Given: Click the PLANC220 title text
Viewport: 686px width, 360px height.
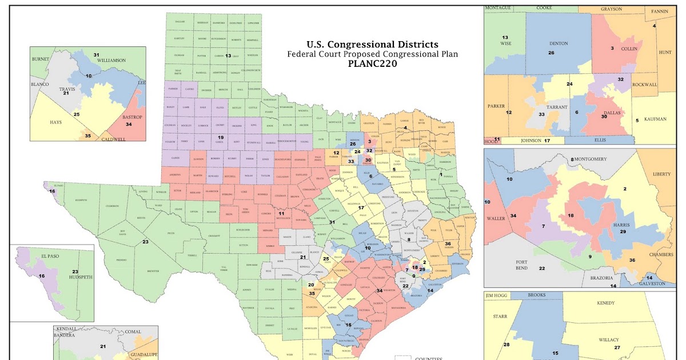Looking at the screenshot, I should (x=372, y=64).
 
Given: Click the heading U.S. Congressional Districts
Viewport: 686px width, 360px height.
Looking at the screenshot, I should (x=372, y=45).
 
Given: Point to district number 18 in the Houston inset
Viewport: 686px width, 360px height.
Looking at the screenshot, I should (x=571, y=215).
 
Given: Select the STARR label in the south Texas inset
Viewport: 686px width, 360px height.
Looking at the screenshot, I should (x=494, y=315).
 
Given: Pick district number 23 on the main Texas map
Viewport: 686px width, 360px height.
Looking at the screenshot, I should (x=145, y=242).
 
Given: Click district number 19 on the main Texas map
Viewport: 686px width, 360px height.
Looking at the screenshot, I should (x=220, y=137).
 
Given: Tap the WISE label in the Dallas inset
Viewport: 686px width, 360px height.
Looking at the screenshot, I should (x=505, y=44).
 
